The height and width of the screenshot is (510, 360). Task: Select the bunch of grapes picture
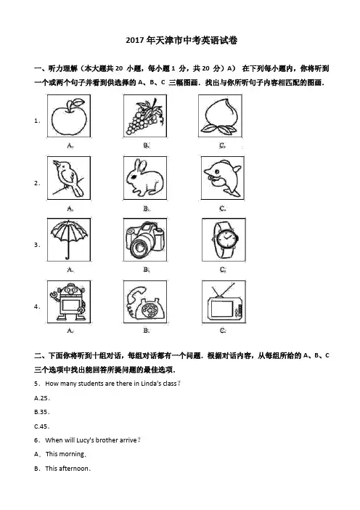144,116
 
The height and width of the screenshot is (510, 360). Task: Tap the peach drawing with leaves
221,116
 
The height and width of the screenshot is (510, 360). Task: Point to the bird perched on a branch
68,178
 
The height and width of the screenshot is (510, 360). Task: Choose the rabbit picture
144,177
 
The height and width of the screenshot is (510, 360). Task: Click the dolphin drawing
222,177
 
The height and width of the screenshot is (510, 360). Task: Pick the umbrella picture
68,239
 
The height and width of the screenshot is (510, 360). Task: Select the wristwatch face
225,239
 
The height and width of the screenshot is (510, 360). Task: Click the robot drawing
68,301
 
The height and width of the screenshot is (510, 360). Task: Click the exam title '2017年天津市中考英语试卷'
181,41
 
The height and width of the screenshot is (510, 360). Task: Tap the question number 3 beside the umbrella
36,245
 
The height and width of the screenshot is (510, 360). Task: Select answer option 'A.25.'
42,398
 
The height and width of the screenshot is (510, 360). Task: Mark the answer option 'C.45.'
42,426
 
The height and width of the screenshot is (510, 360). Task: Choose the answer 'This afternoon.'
68,469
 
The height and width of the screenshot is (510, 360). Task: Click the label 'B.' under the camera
146,270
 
